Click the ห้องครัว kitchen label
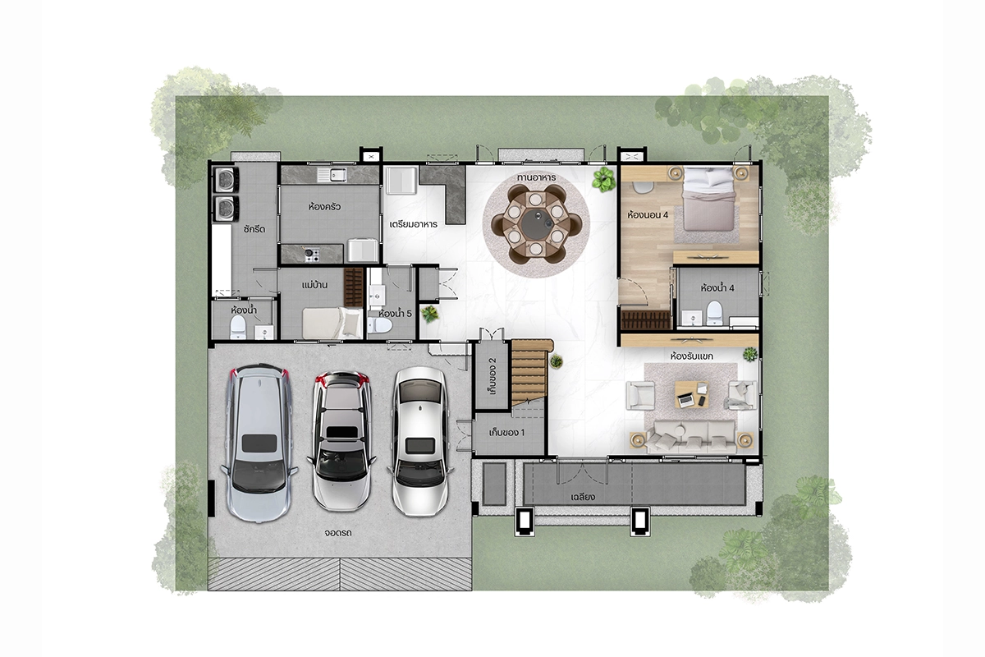click(324, 206)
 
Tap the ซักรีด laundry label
click(254, 229)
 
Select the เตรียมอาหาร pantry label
click(414, 224)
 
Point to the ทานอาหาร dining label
click(537, 177)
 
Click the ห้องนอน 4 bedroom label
click(648, 215)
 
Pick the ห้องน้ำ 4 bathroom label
click(717, 288)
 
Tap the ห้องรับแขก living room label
click(692, 356)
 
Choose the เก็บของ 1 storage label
click(506, 433)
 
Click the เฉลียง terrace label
click(583, 497)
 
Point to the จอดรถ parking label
click(338, 533)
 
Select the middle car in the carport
click(341, 441)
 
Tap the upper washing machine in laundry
click(226, 180)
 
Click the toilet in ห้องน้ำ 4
click(714, 313)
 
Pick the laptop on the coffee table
click(685, 400)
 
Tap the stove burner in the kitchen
click(311, 254)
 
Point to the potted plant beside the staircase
click(557, 361)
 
